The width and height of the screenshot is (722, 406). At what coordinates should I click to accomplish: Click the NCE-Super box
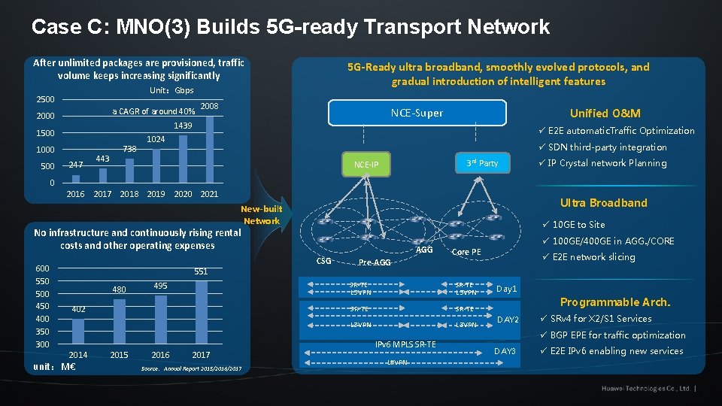tap(417, 114)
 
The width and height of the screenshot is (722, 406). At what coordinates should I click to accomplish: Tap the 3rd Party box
tap(482, 163)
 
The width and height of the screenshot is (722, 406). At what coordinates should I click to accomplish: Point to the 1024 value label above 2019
tap(156, 140)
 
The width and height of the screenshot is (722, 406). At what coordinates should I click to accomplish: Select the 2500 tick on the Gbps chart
tap(45, 99)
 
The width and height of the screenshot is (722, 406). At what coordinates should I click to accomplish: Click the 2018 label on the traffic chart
tap(129, 194)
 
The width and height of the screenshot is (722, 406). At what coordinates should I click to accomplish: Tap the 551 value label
tap(201, 271)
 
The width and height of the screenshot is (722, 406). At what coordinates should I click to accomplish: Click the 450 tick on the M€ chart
tap(42, 306)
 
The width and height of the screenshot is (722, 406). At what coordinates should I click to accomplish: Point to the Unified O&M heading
tap(605, 114)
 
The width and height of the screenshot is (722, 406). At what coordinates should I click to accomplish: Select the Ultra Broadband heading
tap(603, 203)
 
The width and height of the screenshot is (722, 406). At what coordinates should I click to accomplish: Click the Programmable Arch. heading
tap(614, 301)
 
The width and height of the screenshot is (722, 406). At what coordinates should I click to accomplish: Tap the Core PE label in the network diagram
tap(466, 252)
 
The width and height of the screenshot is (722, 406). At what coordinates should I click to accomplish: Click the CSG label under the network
tap(324, 261)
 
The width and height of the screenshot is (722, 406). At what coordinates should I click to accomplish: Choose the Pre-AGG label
tap(375, 263)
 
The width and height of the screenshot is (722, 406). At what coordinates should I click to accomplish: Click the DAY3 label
tap(505, 351)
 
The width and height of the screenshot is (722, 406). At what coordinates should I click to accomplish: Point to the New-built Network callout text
tap(261, 215)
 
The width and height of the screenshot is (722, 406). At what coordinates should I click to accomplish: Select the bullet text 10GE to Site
tap(578, 224)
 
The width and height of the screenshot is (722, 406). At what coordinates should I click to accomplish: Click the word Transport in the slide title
tap(408, 28)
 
